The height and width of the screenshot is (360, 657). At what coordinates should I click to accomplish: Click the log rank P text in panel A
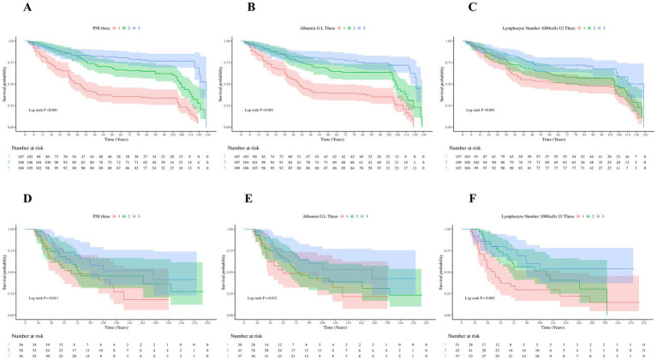coord(41,111)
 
